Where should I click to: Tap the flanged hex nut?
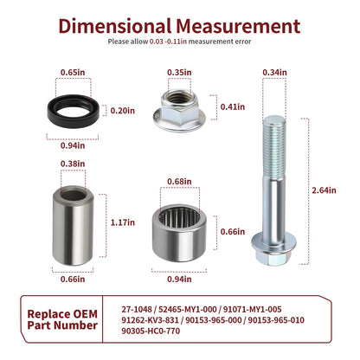[179, 111]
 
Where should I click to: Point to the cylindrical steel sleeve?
[74, 226]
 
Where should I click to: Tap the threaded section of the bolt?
[274, 146]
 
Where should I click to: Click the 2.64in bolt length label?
[324, 190]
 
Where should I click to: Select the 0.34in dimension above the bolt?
[274, 73]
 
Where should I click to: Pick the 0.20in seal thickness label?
[123, 111]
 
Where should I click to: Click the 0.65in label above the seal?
[73, 73]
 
